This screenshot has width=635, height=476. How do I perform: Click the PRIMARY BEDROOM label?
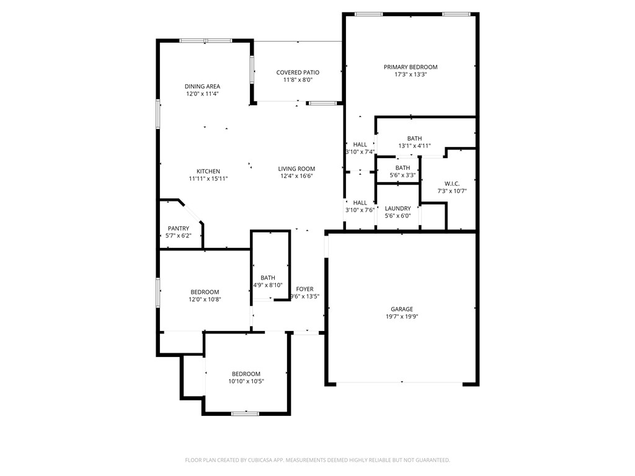(410, 67)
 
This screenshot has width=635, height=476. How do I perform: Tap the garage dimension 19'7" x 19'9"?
(401, 317)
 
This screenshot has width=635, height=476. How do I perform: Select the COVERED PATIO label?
(298, 73)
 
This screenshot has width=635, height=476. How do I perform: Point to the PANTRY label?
(179, 229)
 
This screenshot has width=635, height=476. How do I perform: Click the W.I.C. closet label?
(451, 183)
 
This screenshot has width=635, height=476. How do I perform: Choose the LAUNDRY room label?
(397, 208)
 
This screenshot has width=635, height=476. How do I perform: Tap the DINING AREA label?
(202, 87)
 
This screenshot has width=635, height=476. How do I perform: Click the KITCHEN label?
(208, 172)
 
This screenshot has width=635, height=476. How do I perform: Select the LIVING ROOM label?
(296, 169)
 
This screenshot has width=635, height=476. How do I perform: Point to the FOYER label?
(304, 289)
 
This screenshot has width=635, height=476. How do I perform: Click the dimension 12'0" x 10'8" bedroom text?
(205, 299)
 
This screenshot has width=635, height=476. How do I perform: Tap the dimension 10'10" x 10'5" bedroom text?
(246, 381)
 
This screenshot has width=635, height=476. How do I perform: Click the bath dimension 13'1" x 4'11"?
(414, 146)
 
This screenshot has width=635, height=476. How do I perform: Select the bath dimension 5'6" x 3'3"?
(402, 175)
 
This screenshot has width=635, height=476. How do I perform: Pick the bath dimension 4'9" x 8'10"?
(268, 285)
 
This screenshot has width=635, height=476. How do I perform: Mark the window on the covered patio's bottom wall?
(322, 103)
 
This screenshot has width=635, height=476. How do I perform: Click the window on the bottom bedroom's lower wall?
(246, 413)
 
